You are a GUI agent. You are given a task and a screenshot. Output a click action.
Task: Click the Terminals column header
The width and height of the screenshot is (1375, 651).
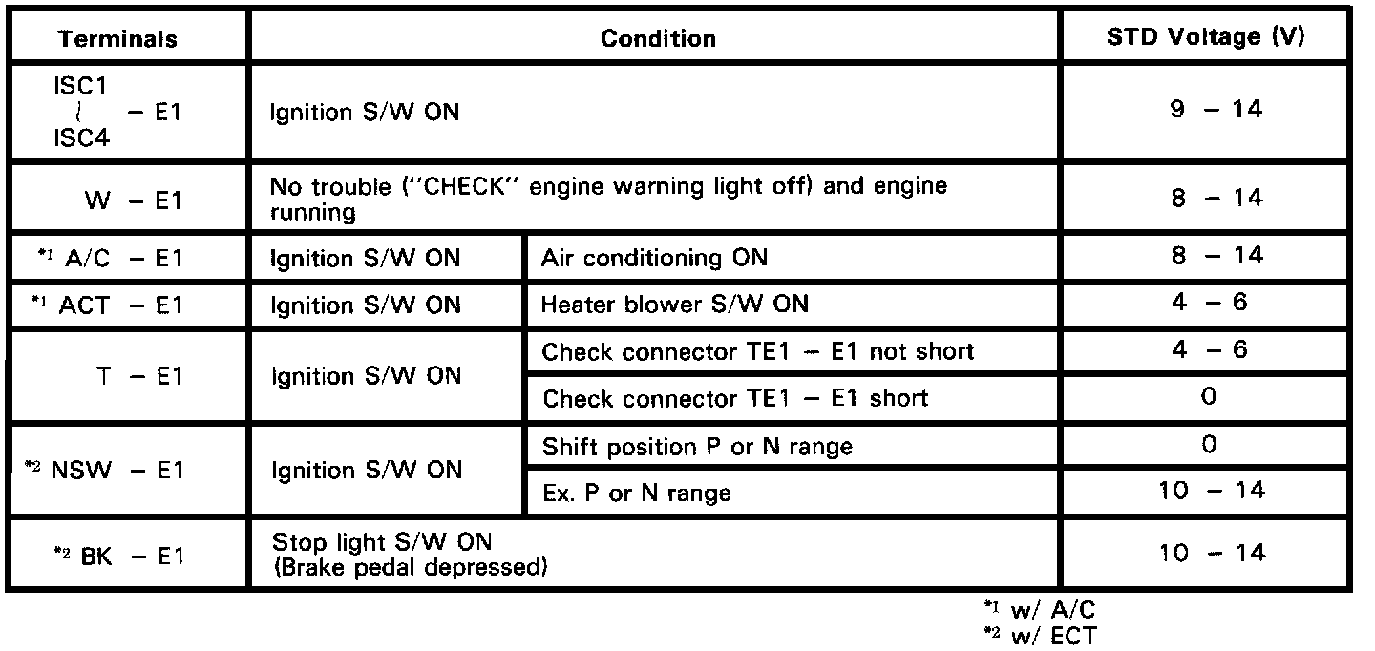click(117, 39)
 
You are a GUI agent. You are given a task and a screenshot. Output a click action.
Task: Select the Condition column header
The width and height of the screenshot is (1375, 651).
click(658, 39)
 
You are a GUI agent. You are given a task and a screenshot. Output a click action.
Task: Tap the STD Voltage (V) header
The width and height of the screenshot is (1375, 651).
click(1206, 38)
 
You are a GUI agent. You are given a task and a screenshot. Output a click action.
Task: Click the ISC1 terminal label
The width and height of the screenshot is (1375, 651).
click(80, 86)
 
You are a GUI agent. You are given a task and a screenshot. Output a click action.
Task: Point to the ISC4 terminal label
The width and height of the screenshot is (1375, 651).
click(80, 138)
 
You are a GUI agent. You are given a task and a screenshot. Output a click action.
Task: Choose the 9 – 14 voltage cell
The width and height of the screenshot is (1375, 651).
click(1209, 110)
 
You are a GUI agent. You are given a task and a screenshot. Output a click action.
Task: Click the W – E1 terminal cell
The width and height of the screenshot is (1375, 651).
click(133, 200)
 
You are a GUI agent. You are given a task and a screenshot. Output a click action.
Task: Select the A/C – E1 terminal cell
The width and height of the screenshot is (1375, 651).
click(123, 258)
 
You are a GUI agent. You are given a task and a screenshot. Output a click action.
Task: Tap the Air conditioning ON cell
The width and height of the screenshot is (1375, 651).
click(654, 258)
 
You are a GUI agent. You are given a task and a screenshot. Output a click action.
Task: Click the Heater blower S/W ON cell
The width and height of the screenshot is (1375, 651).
click(674, 305)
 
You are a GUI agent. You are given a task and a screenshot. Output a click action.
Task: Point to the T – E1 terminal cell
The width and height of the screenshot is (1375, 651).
click(138, 376)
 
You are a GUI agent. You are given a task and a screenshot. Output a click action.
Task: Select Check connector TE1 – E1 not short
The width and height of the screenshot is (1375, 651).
click(758, 352)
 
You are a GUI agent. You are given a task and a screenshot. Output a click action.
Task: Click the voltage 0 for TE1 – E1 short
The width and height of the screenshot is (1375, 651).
click(1209, 398)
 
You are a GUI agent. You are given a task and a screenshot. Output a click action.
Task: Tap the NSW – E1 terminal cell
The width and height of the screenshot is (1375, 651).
click(116, 471)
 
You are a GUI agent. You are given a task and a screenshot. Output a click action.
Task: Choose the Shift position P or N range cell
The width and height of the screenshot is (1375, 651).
click(697, 447)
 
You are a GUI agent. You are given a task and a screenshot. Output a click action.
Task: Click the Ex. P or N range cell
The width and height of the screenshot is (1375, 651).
click(636, 493)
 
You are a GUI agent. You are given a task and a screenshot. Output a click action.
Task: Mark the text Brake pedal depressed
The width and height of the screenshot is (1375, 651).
click(410, 568)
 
